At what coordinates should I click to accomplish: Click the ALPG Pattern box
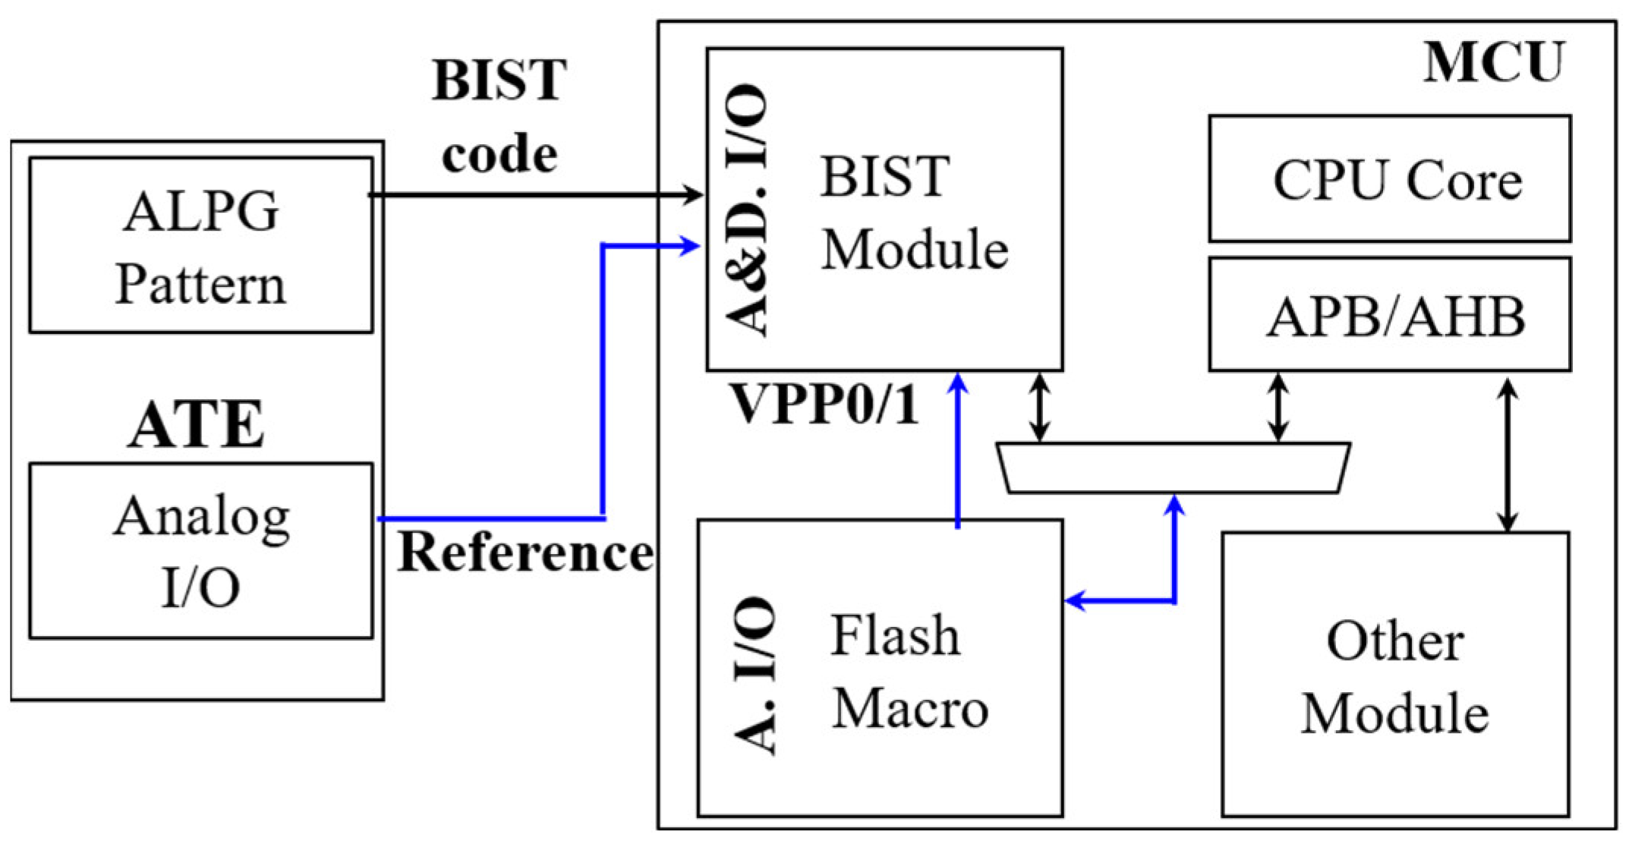200,245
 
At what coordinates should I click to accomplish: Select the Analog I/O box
200,551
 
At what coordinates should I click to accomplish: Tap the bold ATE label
196,425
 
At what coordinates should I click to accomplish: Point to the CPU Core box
1389,179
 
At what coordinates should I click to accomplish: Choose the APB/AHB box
1389,315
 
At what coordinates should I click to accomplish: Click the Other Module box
1395,675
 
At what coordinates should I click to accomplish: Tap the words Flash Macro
909,672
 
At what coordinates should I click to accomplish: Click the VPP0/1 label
823,405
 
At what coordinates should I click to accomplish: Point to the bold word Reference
525,552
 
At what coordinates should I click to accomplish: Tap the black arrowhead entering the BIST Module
693,194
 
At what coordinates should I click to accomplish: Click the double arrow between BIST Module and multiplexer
1040,406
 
